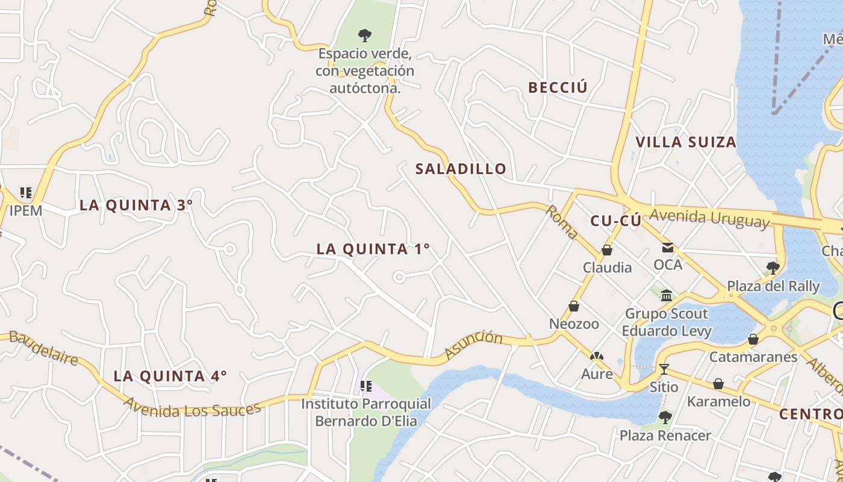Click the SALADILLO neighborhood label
pos(461,169)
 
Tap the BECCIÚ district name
pos(558,87)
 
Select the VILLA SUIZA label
pos(686,142)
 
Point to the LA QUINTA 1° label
pos(373,249)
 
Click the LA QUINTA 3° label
pos(136,205)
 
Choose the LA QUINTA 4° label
pos(170,377)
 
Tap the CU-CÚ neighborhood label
pos(615,221)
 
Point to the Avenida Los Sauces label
pos(193,410)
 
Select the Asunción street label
pos(473,345)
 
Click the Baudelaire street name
pos(43,348)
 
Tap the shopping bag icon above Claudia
pos(607,250)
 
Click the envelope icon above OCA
pos(668,247)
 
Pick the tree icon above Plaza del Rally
pos(773,268)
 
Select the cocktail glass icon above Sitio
pos(664,369)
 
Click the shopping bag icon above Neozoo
pos(574,306)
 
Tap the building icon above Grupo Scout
pos(667,295)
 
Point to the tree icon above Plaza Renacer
pos(665,417)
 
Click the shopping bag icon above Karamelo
pos(718,384)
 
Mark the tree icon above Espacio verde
pos(364,35)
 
